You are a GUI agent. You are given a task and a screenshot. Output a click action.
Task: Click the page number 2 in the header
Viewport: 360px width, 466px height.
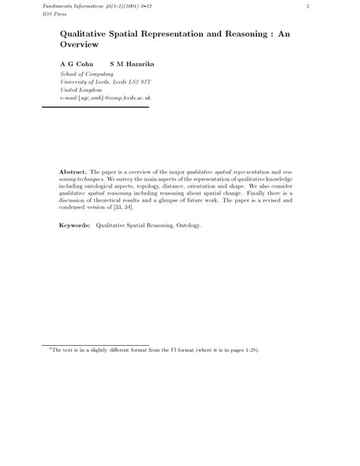[x=308, y=7]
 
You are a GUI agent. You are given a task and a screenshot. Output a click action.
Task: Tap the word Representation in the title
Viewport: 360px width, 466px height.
[x=188, y=34]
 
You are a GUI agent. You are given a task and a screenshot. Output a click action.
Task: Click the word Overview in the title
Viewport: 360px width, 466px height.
[x=80, y=46]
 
